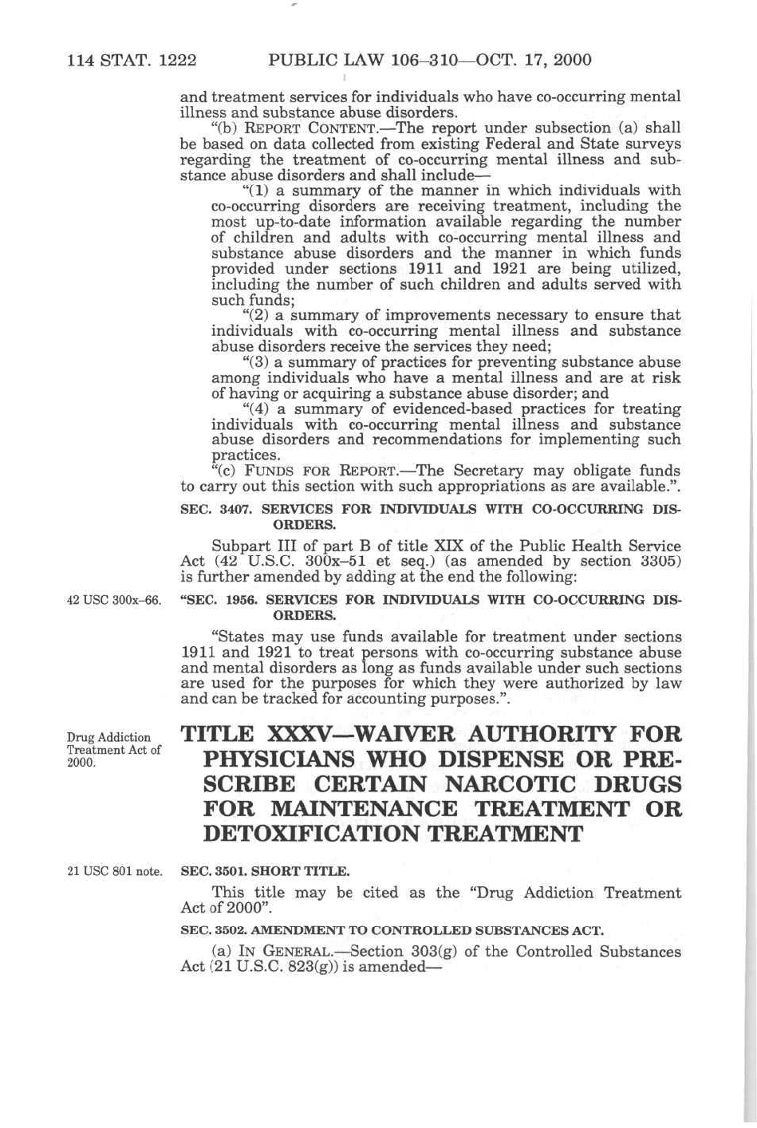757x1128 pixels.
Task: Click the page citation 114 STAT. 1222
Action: coord(132,60)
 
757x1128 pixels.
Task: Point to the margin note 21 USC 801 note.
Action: coord(115,871)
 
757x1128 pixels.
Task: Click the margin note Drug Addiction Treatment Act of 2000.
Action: coord(113,749)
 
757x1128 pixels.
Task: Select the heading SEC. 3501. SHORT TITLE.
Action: coord(265,871)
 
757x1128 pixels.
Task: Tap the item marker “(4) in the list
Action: coord(256,409)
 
